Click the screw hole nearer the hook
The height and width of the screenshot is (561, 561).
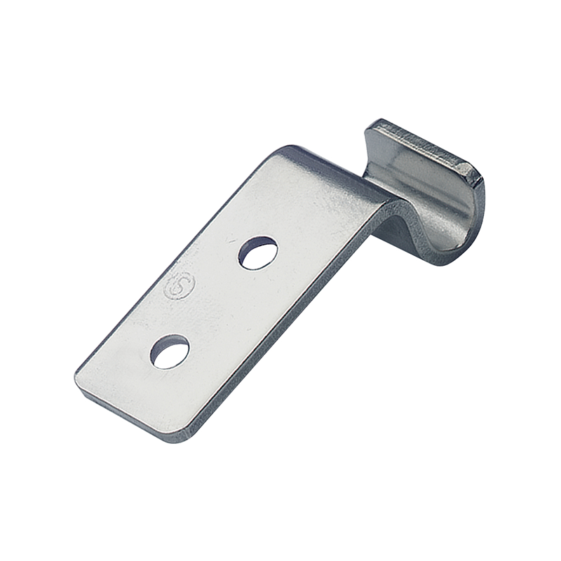tap(258, 252)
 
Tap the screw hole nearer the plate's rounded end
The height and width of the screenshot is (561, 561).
tap(170, 351)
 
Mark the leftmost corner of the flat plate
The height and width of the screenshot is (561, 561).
tap(76, 379)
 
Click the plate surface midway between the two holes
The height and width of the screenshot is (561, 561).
tap(214, 302)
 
